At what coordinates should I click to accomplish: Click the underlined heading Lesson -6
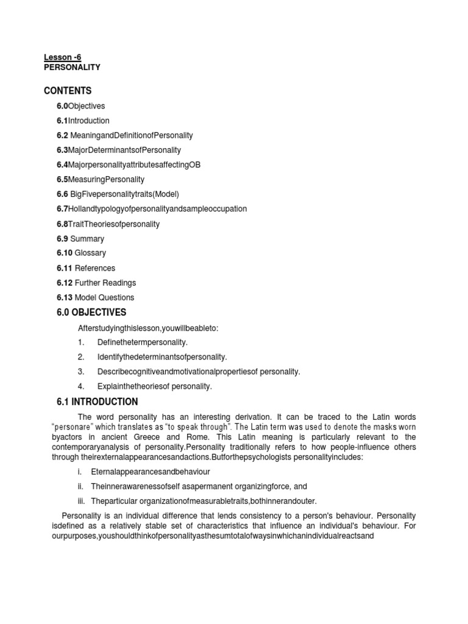(x=62, y=57)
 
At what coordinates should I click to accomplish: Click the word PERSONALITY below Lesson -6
(x=72, y=68)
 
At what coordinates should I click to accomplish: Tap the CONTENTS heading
(x=68, y=91)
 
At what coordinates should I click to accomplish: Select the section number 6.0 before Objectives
(x=62, y=106)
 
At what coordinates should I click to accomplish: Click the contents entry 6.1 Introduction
(x=83, y=121)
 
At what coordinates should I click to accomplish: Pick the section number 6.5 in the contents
(x=62, y=179)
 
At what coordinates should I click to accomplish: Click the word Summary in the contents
(x=87, y=239)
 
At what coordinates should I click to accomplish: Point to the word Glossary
(x=90, y=253)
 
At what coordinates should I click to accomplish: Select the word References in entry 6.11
(x=95, y=268)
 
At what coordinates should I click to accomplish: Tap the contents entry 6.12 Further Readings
(x=96, y=283)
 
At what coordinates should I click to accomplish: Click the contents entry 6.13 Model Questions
(x=96, y=297)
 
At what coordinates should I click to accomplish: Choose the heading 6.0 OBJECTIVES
(x=91, y=313)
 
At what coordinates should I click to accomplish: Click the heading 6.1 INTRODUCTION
(x=97, y=402)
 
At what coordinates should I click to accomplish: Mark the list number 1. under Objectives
(x=81, y=342)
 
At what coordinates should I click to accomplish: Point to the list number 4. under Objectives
(x=81, y=386)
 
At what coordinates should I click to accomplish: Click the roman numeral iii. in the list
(x=80, y=502)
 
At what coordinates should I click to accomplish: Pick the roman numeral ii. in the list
(x=80, y=487)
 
